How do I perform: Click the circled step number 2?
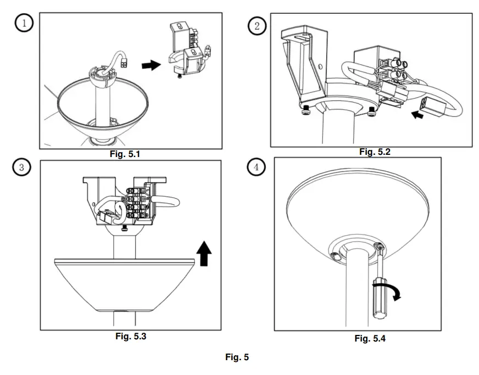click(x=257, y=25)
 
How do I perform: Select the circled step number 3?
click(x=21, y=168)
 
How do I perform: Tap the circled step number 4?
click(x=256, y=167)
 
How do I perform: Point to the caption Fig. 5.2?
click(x=375, y=152)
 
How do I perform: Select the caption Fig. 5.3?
click(x=131, y=337)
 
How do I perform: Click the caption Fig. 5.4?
click(x=370, y=338)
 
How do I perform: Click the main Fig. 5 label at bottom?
click(x=237, y=357)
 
